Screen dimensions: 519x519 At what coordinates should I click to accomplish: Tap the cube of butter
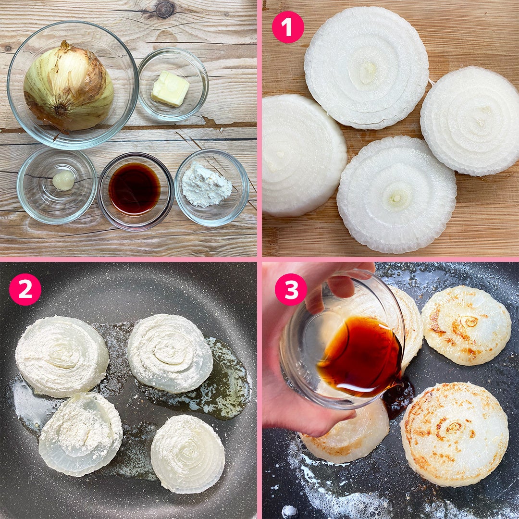coord(170,89)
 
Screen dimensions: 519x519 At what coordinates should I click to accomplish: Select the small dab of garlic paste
coord(63,180)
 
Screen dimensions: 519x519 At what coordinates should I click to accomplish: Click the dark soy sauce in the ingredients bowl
coord(135,189)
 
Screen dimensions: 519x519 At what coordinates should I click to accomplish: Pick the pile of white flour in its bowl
coord(207,185)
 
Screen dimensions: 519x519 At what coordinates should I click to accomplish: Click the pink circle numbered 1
coord(288,27)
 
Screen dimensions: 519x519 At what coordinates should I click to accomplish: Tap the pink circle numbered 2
coord(25,289)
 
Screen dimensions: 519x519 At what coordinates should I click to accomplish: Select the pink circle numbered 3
coord(291,289)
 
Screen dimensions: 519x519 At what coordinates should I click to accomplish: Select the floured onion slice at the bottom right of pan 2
coord(188,453)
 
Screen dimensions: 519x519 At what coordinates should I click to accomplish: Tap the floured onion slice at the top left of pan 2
coord(62,356)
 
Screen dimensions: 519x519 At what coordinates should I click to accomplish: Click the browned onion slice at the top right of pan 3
coord(466,325)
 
